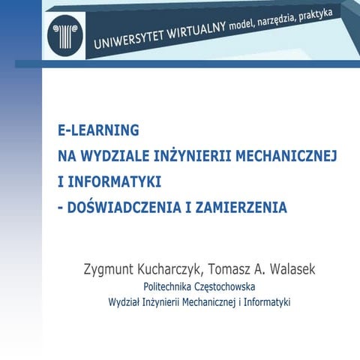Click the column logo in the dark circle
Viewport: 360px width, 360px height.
pyautogui.click(x=60, y=32)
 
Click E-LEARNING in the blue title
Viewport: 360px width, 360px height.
pyautogui.click(x=98, y=130)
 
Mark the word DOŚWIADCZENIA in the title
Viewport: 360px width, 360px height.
pyautogui.click(x=119, y=207)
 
